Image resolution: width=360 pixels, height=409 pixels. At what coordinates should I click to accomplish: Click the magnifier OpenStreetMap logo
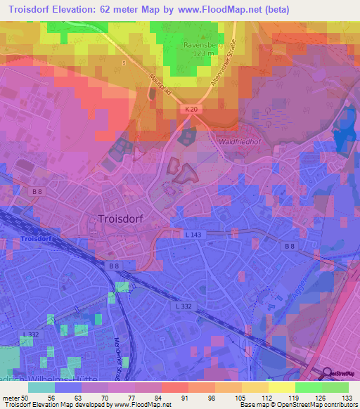click(326, 373)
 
